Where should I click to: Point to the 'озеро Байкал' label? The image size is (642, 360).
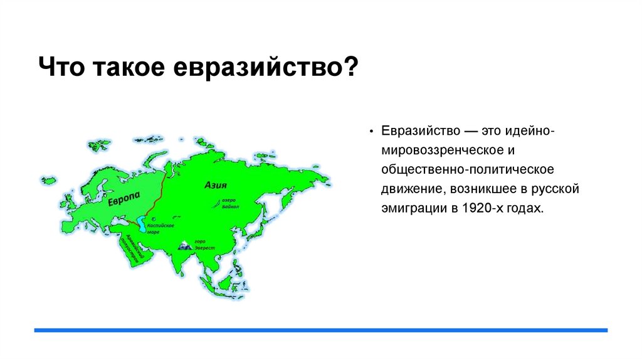230,203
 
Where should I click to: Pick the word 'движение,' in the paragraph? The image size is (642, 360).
408,189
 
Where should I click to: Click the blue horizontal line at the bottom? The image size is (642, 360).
321,330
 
